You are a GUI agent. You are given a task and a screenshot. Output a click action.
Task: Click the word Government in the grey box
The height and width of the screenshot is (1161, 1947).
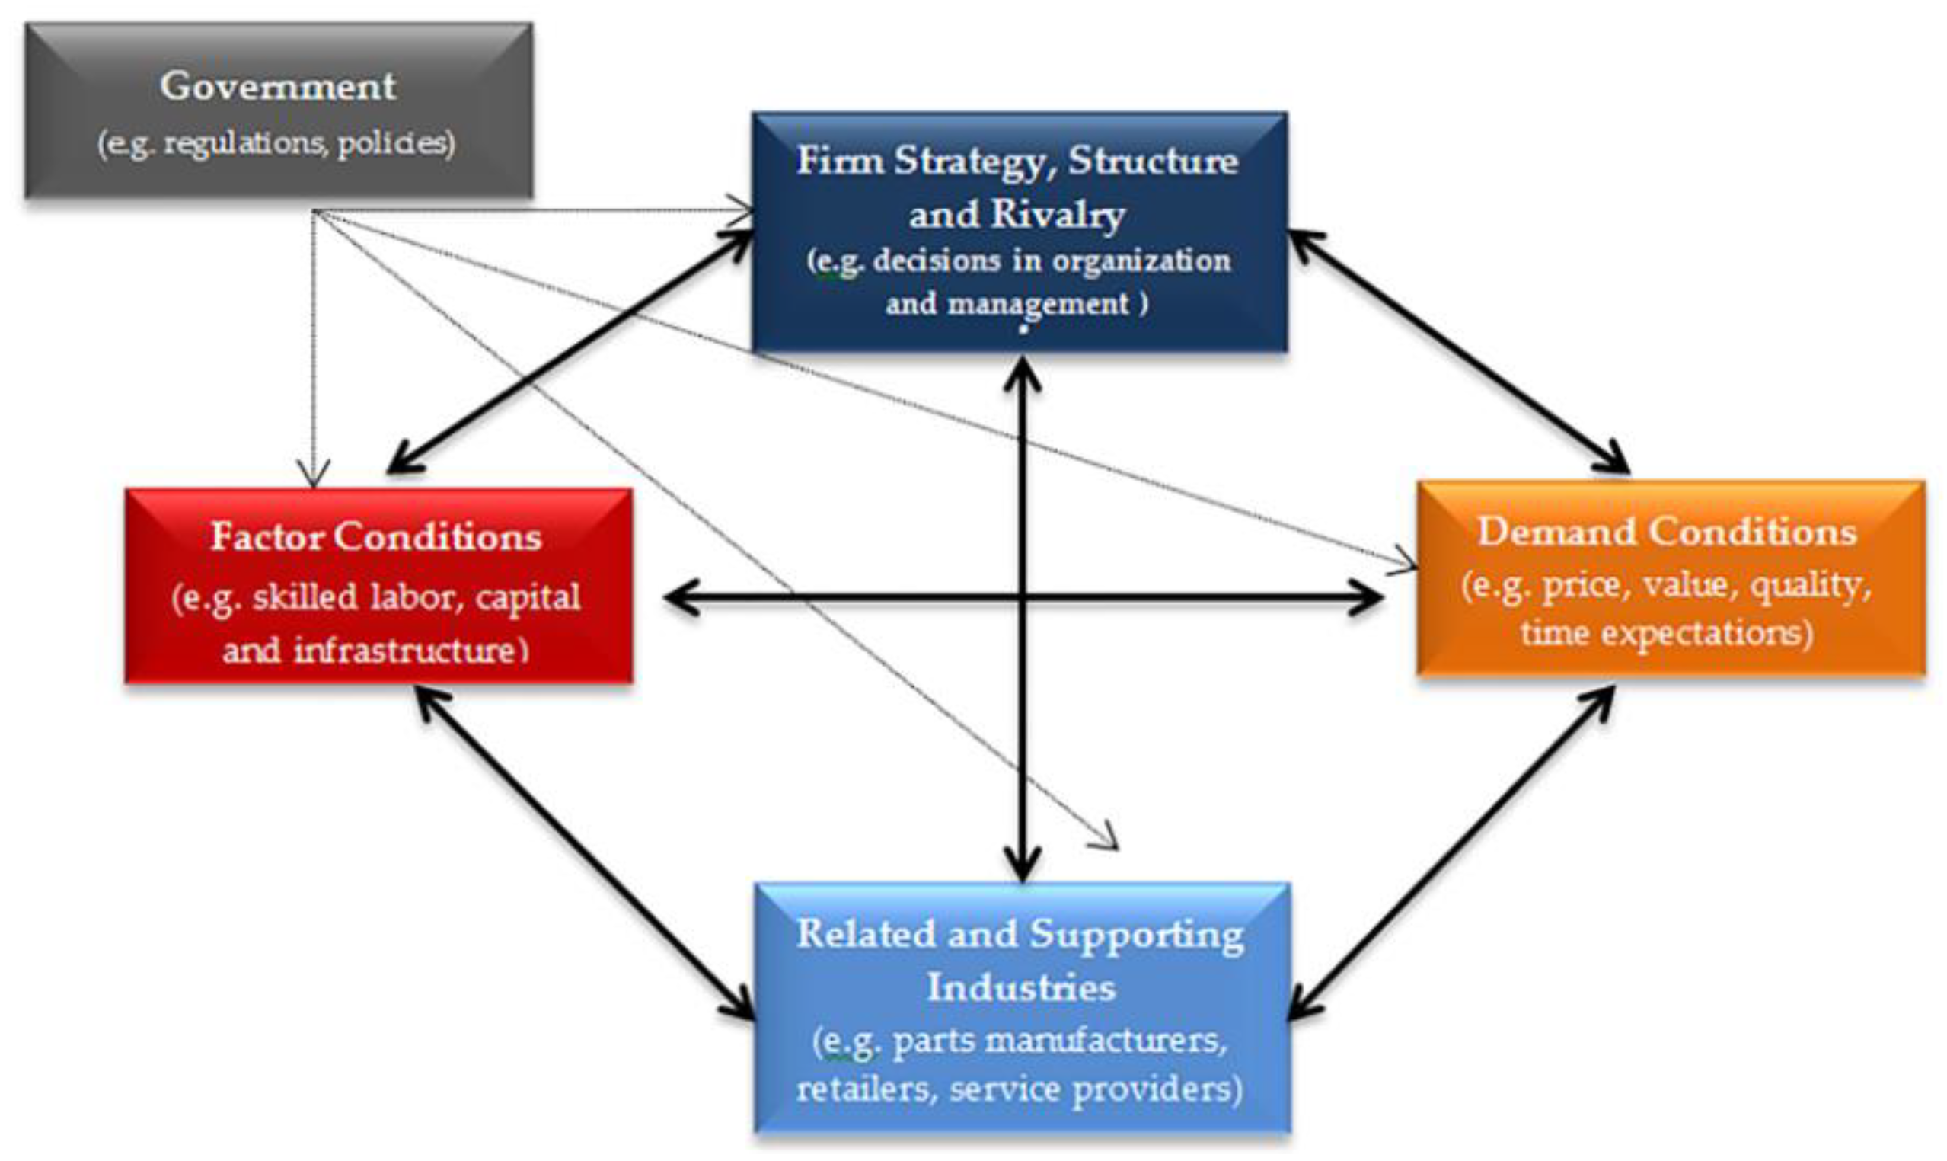click(x=278, y=85)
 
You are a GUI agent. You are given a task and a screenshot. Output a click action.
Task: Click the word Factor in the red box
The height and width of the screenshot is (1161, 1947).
click(x=268, y=536)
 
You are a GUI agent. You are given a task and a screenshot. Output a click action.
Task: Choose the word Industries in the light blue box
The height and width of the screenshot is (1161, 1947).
click(x=1021, y=987)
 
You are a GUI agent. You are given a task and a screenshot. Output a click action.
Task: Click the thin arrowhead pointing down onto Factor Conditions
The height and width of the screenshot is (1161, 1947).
click(x=314, y=477)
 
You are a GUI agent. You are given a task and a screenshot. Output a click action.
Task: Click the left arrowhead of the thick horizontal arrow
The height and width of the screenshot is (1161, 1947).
click(x=677, y=600)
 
